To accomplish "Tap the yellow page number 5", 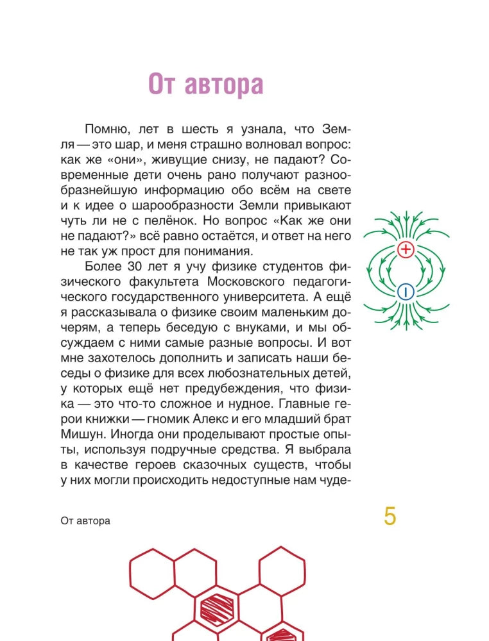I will click(x=390, y=516).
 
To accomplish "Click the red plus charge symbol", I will click(x=406, y=250).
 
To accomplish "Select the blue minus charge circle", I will click(x=406, y=292).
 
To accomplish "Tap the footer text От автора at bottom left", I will click(x=85, y=520).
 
